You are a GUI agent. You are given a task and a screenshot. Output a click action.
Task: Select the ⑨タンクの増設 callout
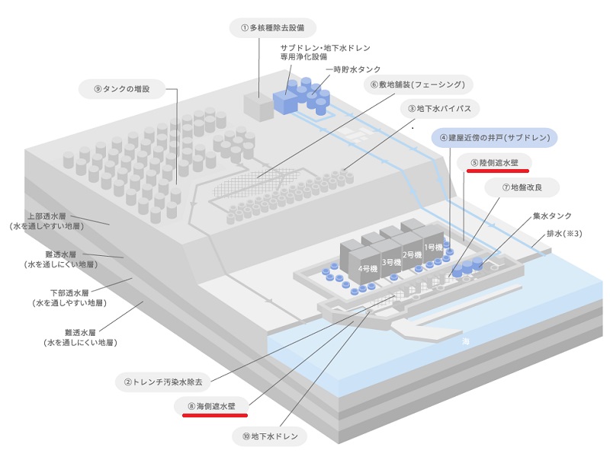(x=122, y=89)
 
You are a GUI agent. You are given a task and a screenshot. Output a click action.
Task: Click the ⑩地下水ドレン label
(x=270, y=436)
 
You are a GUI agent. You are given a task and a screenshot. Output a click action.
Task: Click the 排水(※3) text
(x=565, y=234)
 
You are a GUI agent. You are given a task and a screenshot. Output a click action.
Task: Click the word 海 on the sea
(x=466, y=342)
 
